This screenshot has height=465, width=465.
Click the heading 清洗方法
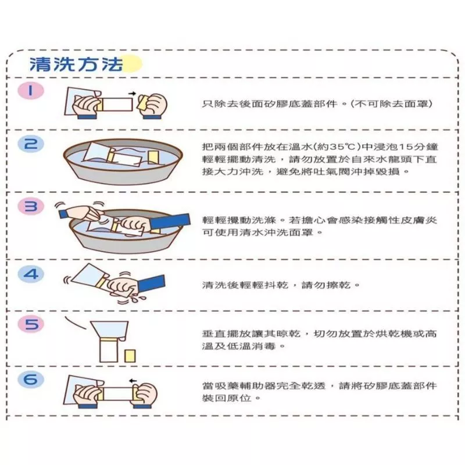click(x=76, y=64)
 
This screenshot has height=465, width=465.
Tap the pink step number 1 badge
click(x=31, y=91)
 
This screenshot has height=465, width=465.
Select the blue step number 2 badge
click(x=31, y=144)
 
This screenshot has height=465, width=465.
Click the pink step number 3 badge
click(x=31, y=206)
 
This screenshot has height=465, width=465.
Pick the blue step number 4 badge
click(x=31, y=274)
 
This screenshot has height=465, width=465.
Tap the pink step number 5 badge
click(x=31, y=324)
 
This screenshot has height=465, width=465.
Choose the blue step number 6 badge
click(x=31, y=380)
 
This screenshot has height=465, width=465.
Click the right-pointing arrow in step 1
click(x=133, y=94)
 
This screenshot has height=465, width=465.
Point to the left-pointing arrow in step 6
click(x=133, y=381)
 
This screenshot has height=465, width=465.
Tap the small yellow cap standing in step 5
click(x=130, y=356)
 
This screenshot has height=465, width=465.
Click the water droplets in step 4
click(x=138, y=298)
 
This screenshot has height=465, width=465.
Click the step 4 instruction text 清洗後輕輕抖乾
click(x=245, y=285)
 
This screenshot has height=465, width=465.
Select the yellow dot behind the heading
click(x=133, y=64)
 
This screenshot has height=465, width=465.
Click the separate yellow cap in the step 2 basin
click(x=154, y=157)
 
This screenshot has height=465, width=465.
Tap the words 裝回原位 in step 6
click(x=227, y=398)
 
